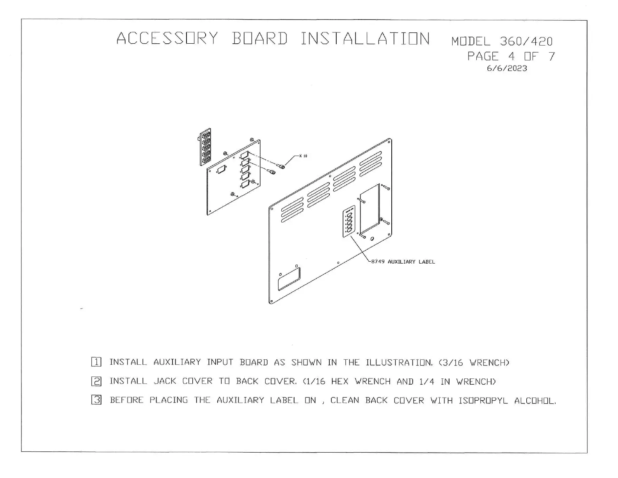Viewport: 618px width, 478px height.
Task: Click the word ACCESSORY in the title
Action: [167, 39]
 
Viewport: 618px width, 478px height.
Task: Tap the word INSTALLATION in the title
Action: [365, 39]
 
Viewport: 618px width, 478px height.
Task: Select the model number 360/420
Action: [526, 41]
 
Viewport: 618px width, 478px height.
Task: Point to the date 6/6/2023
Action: [507, 68]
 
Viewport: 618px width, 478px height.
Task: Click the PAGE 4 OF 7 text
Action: [511, 57]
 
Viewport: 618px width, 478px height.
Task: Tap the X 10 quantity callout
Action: [303, 156]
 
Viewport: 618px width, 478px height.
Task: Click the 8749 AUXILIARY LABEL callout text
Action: [403, 262]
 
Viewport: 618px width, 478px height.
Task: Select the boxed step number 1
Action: [96, 362]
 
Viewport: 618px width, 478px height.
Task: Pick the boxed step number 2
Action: [96, 381]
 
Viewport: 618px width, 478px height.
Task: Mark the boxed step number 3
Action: [96, 400]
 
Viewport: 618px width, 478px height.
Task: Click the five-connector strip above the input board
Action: [206, 147]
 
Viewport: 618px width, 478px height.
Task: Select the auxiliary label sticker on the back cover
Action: [349, 221]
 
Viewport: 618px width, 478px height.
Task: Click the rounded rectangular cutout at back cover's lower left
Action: [289, 279]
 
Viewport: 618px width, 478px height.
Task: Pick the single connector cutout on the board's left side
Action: [221, 169]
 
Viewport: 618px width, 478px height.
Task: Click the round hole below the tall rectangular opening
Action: [372, 239]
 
